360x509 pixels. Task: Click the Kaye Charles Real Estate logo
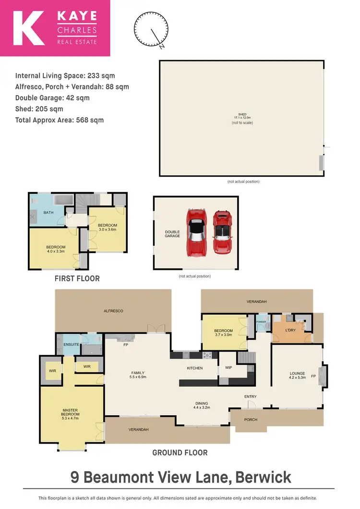point(55,28)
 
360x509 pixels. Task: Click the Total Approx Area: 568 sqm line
point(60,120)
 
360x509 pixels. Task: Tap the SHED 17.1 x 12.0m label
point(242,116)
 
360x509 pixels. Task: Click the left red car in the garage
point(196,231)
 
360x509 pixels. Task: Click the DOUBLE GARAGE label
point(172,234)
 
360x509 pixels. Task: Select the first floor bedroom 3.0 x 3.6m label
point(108,228)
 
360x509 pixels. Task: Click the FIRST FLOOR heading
point(77,279)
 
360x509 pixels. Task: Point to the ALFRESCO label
point(113,311)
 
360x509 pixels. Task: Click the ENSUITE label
point(71,345)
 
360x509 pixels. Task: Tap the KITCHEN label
point(195,368)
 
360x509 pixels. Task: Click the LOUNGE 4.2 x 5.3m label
point(297,376)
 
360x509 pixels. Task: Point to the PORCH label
point(251,420)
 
